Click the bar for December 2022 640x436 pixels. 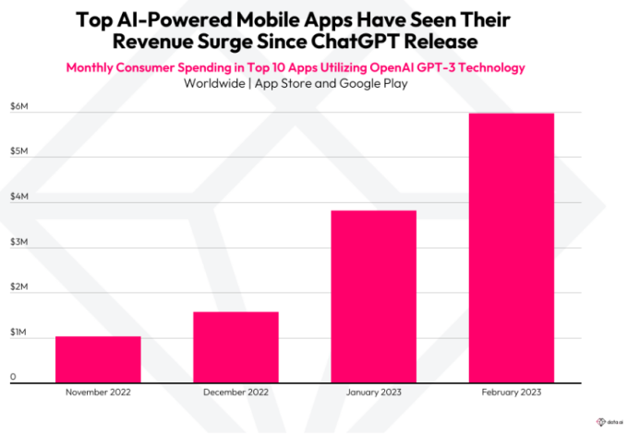[235, 346]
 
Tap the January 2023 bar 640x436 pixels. [373, 296]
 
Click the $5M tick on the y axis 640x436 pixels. [18, 150]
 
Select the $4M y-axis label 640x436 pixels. [18, 196]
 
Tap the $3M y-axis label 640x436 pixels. [18, 241]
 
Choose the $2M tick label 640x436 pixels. [18, 286]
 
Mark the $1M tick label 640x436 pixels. [18, 332]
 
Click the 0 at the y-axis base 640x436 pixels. [13, 377]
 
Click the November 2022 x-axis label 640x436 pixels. [98, 393]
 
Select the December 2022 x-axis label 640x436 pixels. [235, 393]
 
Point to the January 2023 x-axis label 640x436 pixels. [373, 393]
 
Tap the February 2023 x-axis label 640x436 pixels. [511, 393]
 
